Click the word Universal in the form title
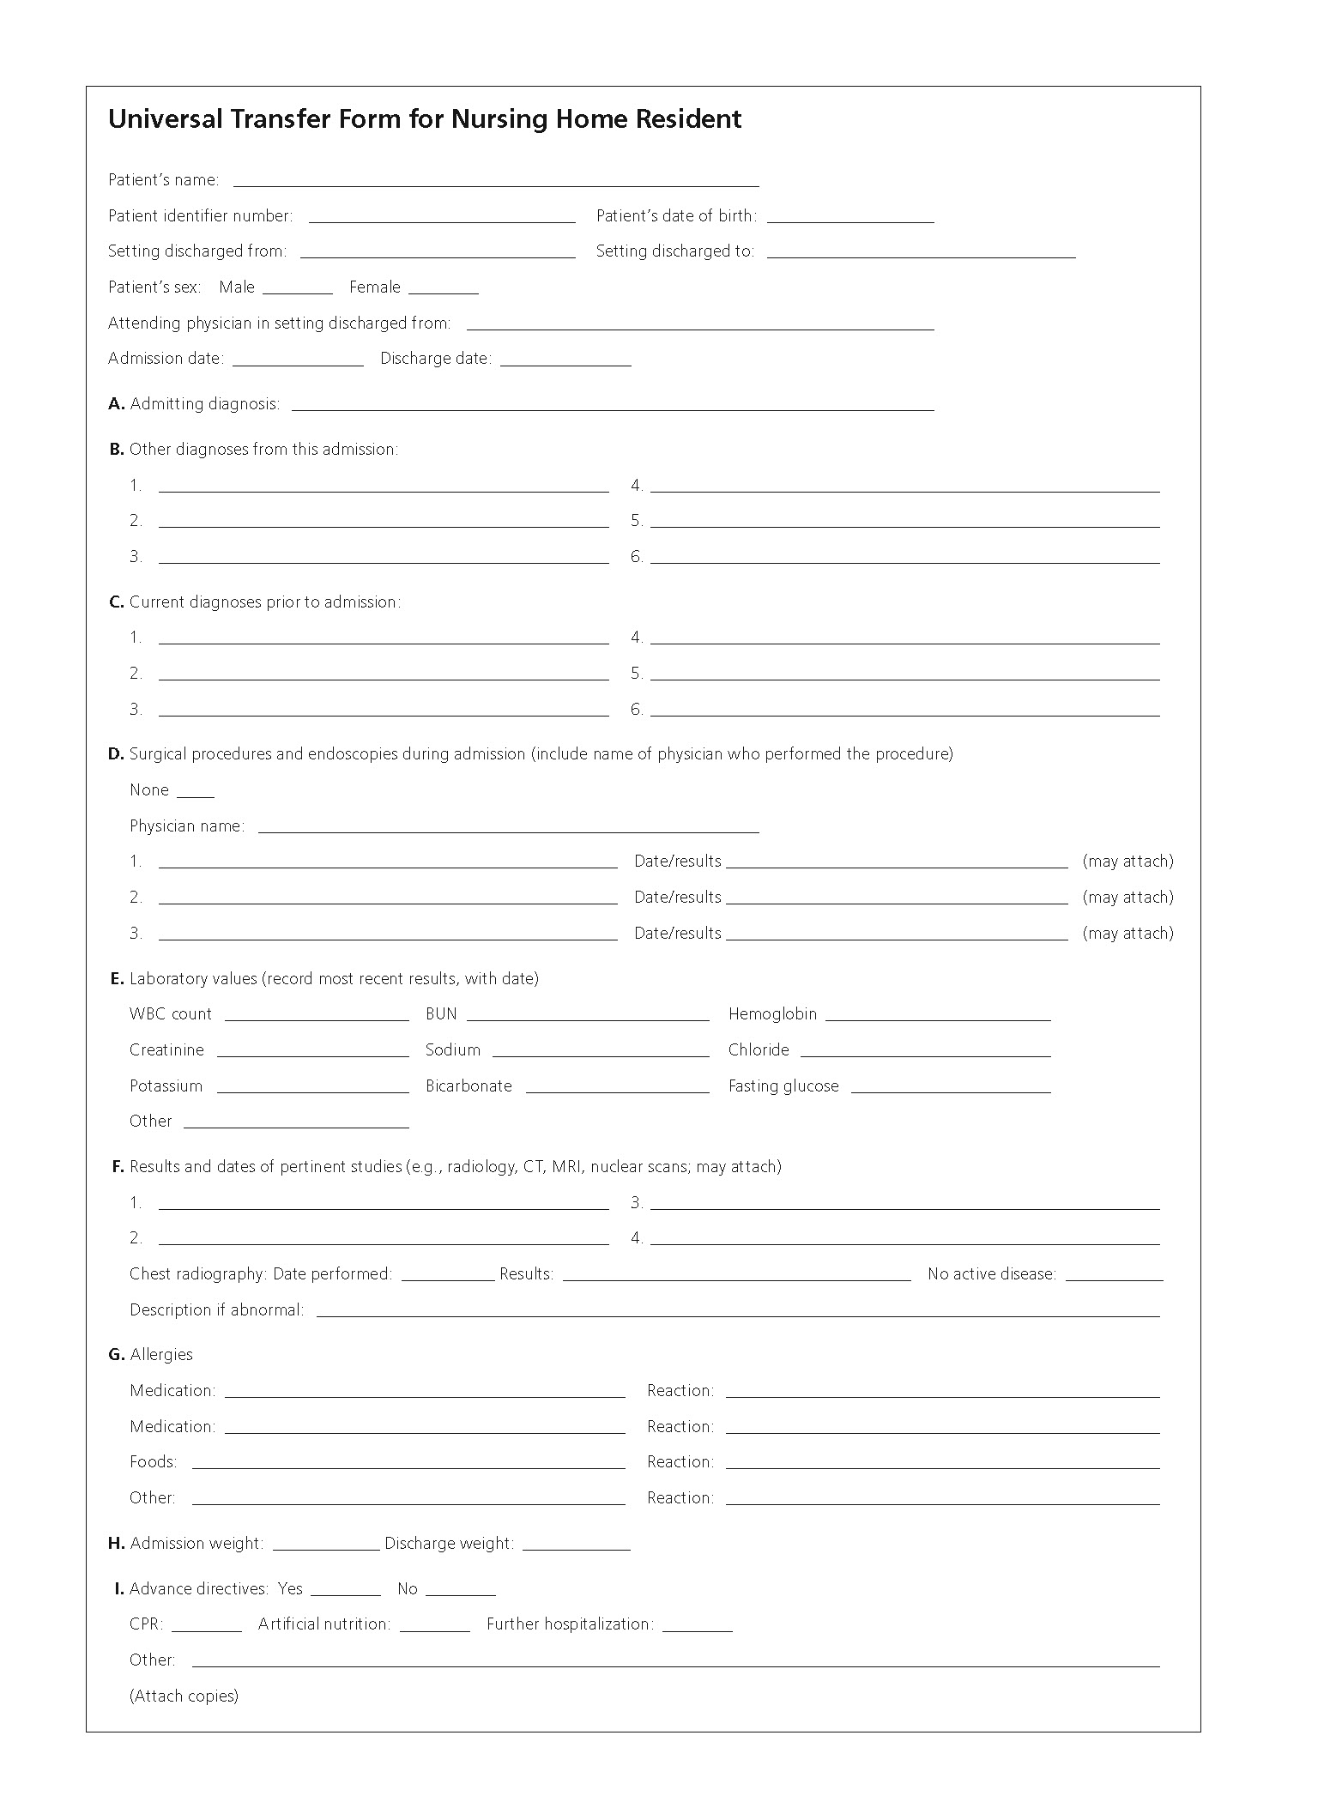[x=166, y=118]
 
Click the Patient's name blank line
[x=496, y=182]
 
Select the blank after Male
[x=297, y=289]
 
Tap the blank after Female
[x=443, y=289]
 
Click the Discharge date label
[x=436, y=359]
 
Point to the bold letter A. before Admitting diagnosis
[x=117, y=404]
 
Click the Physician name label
[x=187, y=826]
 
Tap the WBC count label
[x=171, y=1014]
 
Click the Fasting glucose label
[x=783, y=1086]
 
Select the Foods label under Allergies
[x=154, y=1462]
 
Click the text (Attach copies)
[x=184, y=1696]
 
